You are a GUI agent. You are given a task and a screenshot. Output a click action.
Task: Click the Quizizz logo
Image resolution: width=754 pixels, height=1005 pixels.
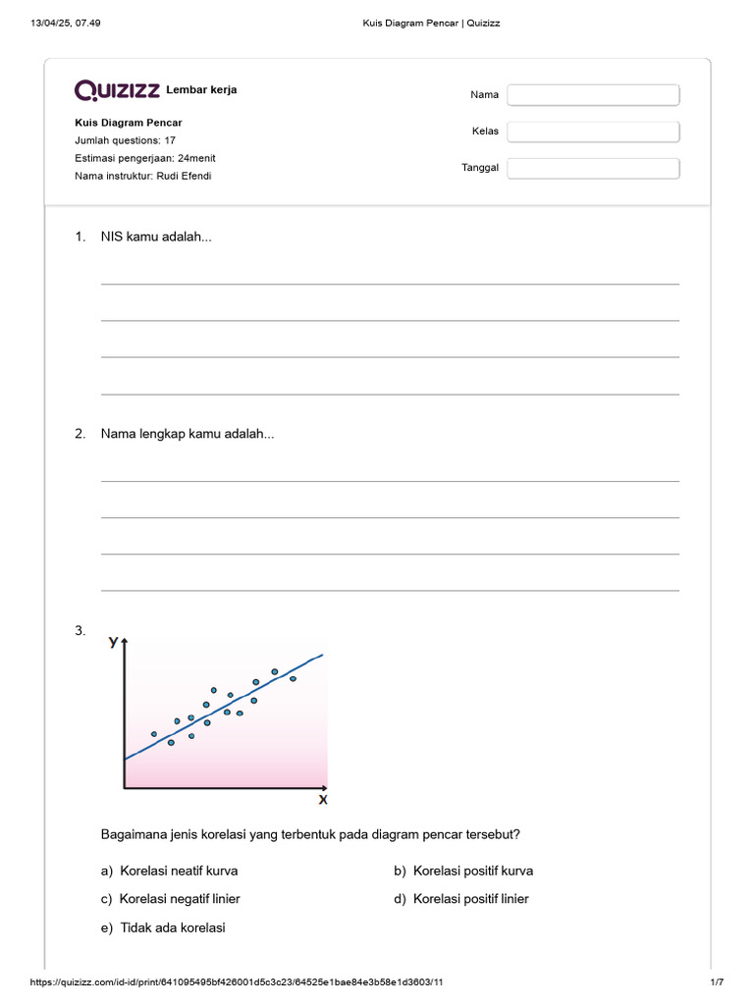pyautogui.click(x=118, y=90)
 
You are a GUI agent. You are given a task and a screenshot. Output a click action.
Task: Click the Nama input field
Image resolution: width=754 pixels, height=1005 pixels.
pyautogui.click(x=593, y=95)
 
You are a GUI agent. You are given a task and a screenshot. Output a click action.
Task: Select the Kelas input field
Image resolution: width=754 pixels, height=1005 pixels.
pyautogui.click(x=593, y=132)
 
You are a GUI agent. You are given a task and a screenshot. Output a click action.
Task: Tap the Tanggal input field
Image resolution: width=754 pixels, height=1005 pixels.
pyautogui.click(x=593, y=168)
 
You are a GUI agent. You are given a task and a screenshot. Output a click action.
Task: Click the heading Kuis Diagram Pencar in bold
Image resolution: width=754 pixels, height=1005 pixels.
pyautogui.click(x=129, y=123)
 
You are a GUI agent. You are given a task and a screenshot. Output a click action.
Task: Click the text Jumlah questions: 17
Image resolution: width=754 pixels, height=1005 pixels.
pyautogui.click(x=125, y=140)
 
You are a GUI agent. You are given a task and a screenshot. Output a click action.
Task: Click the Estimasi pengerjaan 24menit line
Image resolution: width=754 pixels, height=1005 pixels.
pyautogui.click(x=145, y=158)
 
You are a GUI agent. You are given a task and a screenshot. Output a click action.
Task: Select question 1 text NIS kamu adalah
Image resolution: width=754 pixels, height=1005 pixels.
pyautogui.click(x=156, y=237)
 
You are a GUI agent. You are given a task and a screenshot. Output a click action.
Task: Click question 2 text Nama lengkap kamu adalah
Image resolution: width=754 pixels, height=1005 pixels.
pyautogui.click(x=188, y=434)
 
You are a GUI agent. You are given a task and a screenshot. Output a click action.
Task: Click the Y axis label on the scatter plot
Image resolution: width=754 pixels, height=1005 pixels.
pyautogui.click(x=114, y=642)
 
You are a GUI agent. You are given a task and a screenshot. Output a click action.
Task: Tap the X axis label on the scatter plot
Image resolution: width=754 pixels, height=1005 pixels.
pyautogui.click(x=322, y=800)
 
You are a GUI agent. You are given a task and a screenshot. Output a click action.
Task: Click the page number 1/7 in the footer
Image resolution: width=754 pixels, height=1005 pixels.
pyautogui.click(x=717, y=982)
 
